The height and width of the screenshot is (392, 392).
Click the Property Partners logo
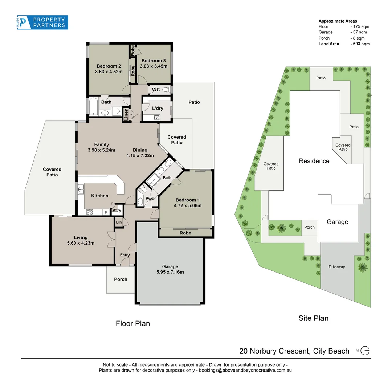(42, 23)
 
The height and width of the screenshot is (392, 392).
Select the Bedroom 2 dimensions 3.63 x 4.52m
(109, 72)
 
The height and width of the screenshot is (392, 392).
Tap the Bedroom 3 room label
(154, 61)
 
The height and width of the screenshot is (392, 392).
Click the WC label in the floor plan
(156, 90)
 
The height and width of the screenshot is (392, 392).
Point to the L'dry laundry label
(157, 108)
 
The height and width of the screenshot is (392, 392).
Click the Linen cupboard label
(126, 114)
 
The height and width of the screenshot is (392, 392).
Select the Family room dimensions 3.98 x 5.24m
(101, 150)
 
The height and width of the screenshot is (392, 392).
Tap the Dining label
(140, 150)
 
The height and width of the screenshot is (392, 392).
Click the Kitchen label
(99, 196)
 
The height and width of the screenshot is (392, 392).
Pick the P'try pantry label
(117, 211)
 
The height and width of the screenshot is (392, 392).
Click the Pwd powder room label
(149, 199)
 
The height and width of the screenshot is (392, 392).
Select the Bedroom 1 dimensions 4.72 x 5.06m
(188, 205)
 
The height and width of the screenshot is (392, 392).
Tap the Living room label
(81, 238)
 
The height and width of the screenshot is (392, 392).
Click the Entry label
(125, 255)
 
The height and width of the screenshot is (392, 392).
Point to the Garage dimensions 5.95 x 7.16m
(170, 272)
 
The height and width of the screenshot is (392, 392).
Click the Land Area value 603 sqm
(360, 44)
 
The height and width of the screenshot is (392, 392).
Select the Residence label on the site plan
(314, 161)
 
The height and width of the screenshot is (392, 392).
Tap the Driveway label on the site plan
(336, 267)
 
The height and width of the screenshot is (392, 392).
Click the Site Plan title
(313, 318)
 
